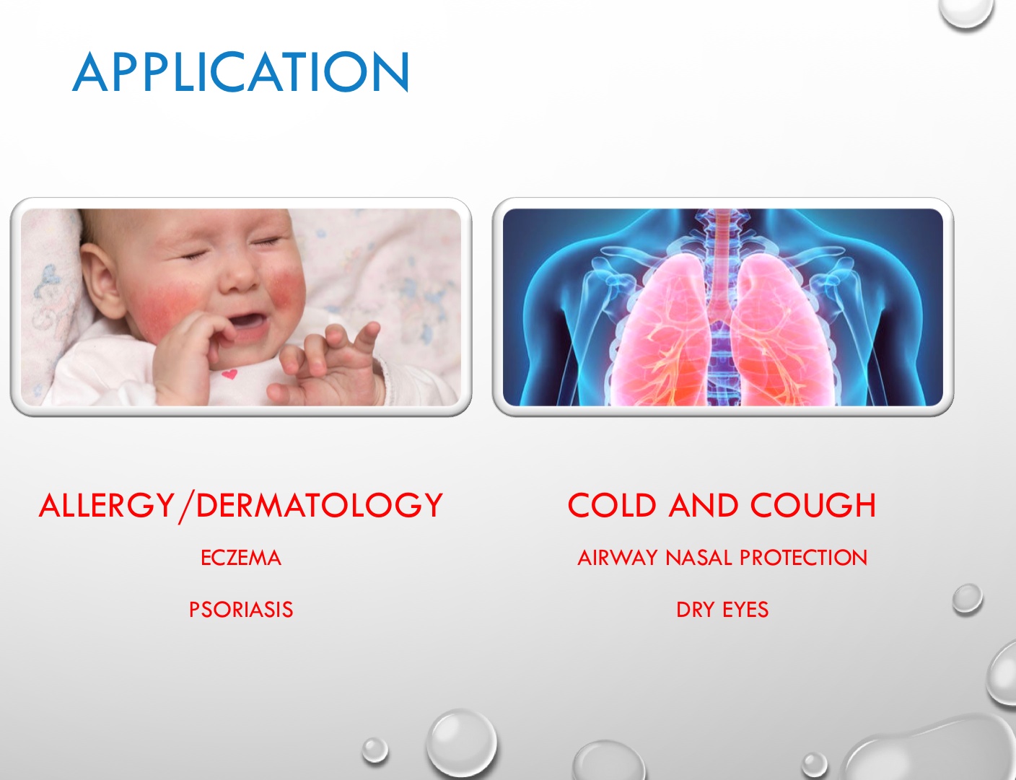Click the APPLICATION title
[241, 71]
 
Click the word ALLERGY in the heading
[107, 505]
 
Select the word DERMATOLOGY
[320, 505]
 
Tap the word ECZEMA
[241, 558]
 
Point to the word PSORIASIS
[241, 610]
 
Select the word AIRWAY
[617, 558]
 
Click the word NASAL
[699, 558]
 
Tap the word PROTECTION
[804, 558]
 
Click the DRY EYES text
[722, 610]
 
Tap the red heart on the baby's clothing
[229, 374]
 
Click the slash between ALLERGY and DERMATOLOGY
[185, 507]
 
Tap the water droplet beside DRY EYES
[968, 598]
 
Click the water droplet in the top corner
[966, 12]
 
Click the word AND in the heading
[704, 505]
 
